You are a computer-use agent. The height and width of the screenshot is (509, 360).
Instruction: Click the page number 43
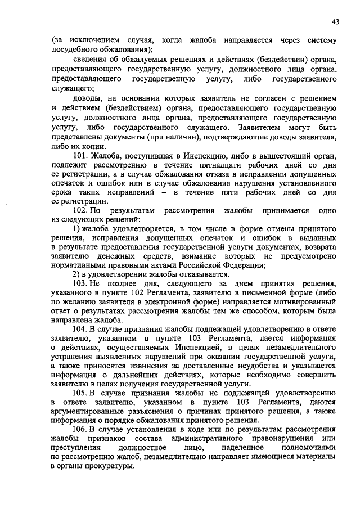pos(335,22)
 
